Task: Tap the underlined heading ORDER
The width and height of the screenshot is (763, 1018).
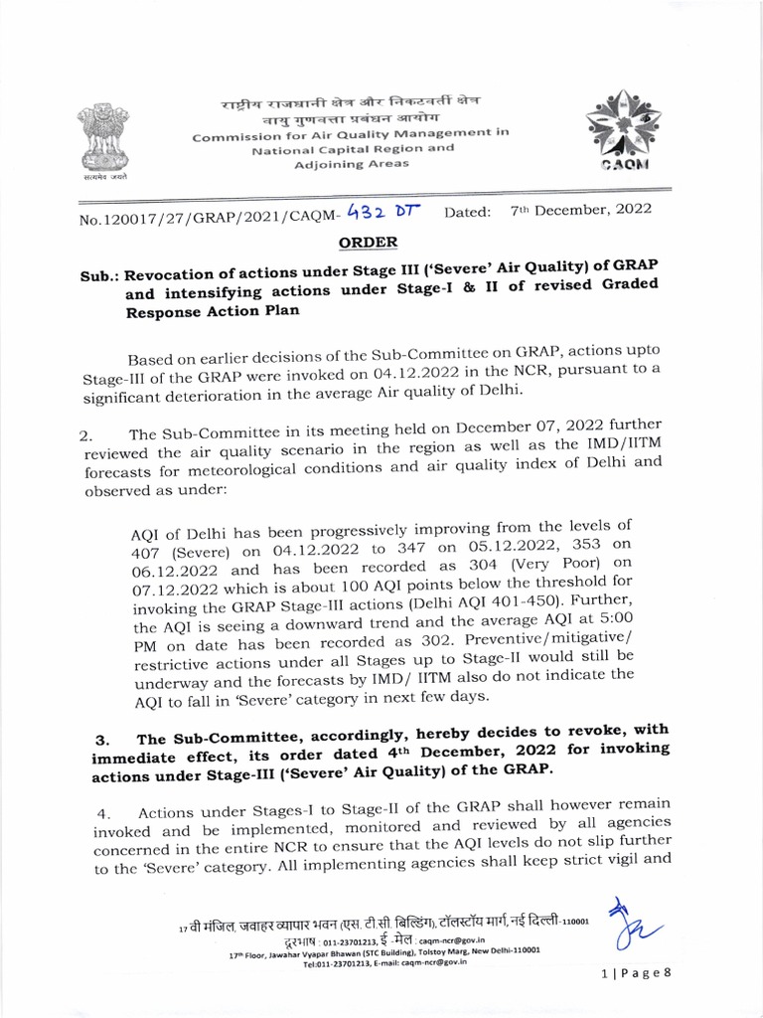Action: click(369, 243)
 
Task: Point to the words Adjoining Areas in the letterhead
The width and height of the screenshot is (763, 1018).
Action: click(352, 164)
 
